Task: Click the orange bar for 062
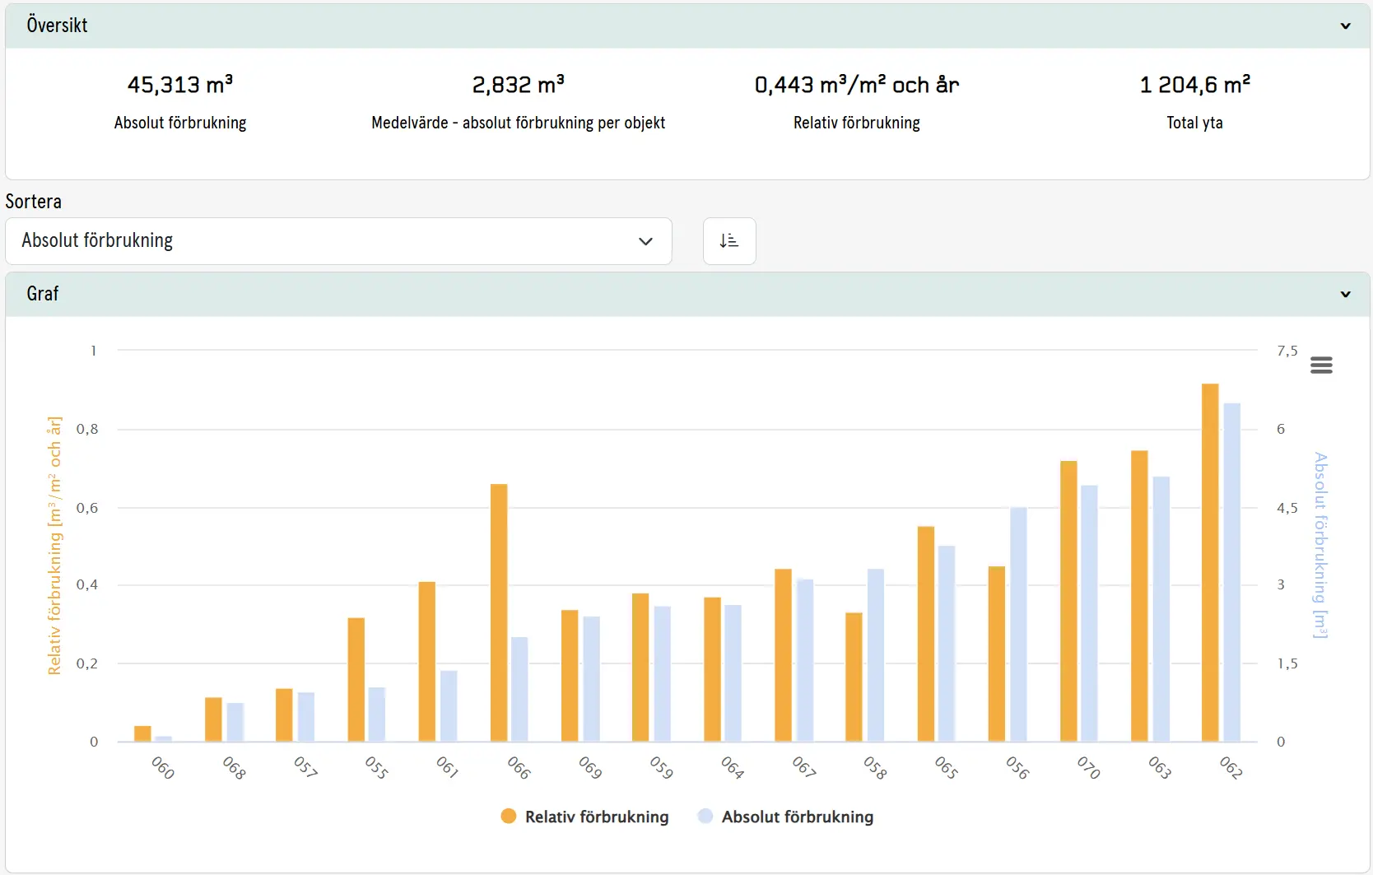(1210, 562)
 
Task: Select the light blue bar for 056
(1018, 625)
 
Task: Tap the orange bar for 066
(499, 612)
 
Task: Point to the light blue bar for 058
(876, 655)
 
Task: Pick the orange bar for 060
(143, 733)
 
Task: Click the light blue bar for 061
(449, 706)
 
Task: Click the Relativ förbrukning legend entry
(584, 817)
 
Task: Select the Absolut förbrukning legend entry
(786, 817)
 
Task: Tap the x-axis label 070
(1088, 768)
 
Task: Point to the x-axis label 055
(376, 768)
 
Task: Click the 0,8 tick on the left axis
(87, 429)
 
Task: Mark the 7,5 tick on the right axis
(1287, 351)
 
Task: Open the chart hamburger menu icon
(1321, 365)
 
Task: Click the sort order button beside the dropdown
(729, 241)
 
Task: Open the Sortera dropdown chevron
(645, 241)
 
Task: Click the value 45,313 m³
(180, 85)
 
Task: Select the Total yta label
(1194, 123)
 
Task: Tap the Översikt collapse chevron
(1345, 26)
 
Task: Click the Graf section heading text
(43, 294)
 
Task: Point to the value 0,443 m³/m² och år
(857, 85)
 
